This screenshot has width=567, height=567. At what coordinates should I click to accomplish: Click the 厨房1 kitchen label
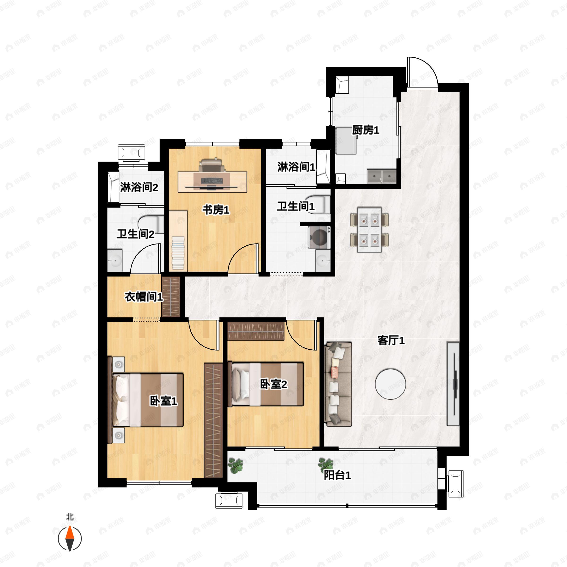click(365, 130)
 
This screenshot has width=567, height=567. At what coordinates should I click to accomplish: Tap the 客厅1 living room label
click(391, 340)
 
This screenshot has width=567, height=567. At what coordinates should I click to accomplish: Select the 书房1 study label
click(216, 210)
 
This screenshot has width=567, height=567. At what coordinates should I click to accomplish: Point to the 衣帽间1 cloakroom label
click(144, 297)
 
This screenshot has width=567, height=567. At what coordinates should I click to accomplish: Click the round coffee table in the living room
click(390, 384)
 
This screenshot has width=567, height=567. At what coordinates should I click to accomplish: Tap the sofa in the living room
click(338, 384)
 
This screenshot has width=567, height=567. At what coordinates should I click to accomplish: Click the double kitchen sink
click(382, 176)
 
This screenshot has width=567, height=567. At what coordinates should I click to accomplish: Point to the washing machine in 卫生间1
click(319, 237)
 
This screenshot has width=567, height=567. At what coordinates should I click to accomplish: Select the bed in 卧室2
click(266, 384)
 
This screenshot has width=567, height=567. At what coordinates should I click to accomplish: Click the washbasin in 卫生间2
click(115, 260)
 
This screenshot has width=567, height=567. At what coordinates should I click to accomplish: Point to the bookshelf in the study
click(178, 240)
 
